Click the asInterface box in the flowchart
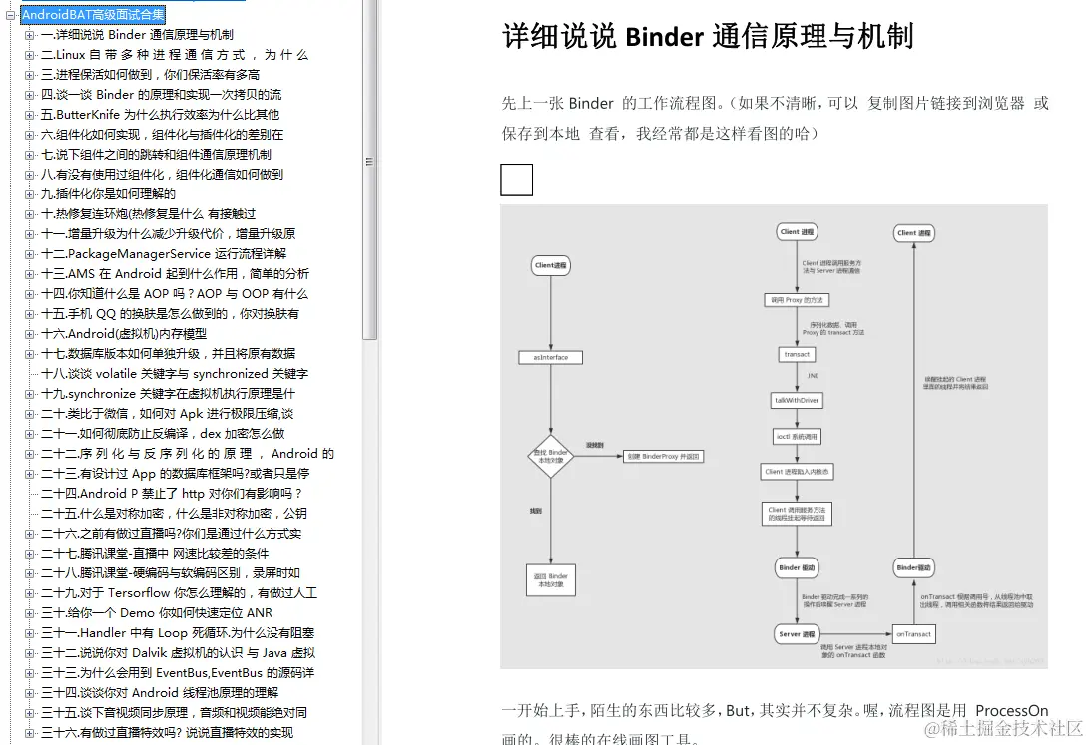[550, 357]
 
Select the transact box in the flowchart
[797, 354]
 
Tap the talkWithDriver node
[797, 400]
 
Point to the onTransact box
[913, 634]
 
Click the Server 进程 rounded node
[797, 634]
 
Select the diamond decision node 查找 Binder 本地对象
[550, 456]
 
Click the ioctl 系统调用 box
[797, 436]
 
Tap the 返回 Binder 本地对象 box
[550, 580]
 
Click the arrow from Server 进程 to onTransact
[855, 634]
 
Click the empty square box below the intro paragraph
[516, 180]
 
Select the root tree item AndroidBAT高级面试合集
[93, 15]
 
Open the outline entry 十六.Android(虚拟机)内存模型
[124, 334]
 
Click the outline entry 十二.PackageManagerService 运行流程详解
[164, 254]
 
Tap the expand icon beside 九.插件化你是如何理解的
[30, 194]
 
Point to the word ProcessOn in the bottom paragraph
[1011, 711]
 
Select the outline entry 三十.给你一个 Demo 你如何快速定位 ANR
[157, 613]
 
